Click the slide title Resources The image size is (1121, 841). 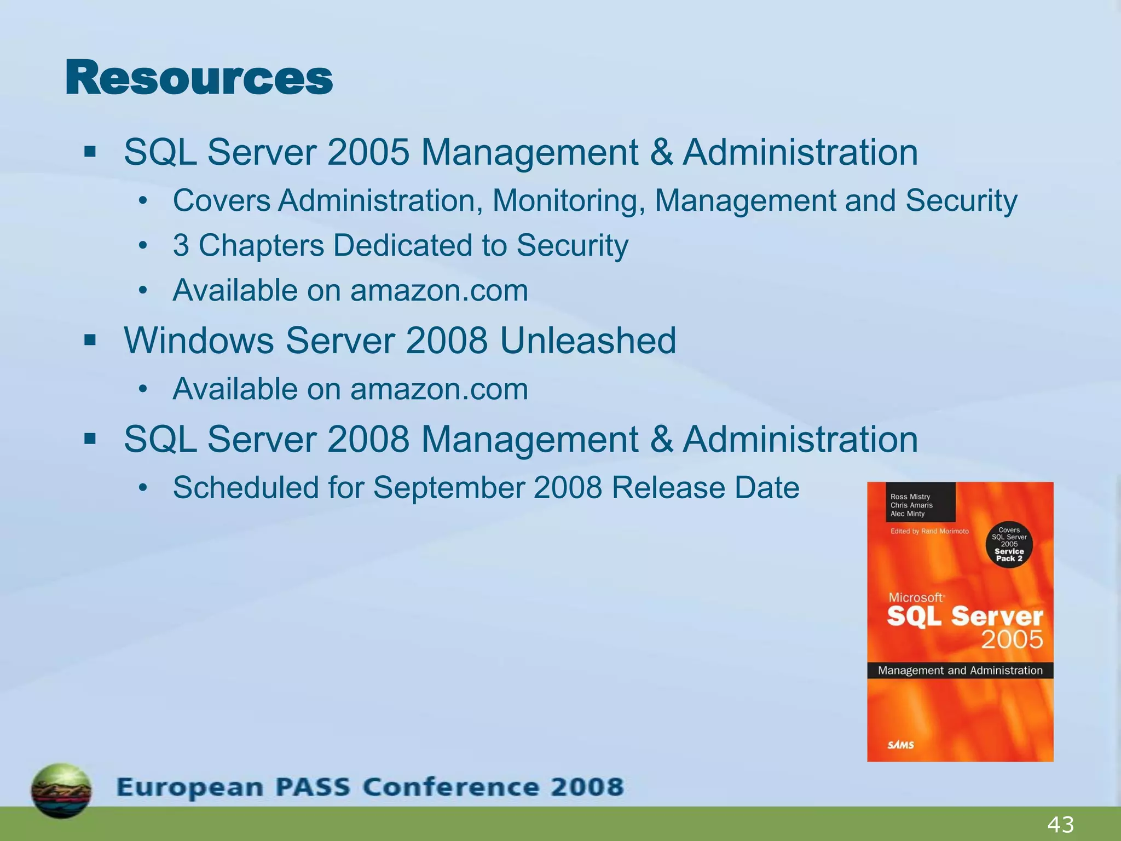(199, 78)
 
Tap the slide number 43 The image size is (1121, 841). (1060, 824)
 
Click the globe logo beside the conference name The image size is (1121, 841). (61, 790)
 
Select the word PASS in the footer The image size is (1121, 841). (311, 787)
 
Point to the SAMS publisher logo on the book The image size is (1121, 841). (900, 744)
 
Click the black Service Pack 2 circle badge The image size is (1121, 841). (1009, 544)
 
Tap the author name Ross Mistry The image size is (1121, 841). (910, 497)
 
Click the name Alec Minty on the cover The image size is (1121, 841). (907, 514)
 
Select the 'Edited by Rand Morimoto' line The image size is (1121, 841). (929, 531)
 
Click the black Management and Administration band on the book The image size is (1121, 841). (960, 670)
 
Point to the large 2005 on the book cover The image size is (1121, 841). (1012, 640)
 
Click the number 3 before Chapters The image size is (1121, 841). (181, 245)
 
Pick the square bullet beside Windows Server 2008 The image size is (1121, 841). (90, 341)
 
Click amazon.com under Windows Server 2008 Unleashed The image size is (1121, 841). (439, 389)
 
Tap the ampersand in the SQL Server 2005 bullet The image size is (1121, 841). (661, 152)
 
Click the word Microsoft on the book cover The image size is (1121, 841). (915, 597)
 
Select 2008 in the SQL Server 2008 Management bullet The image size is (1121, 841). (368, 439)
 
